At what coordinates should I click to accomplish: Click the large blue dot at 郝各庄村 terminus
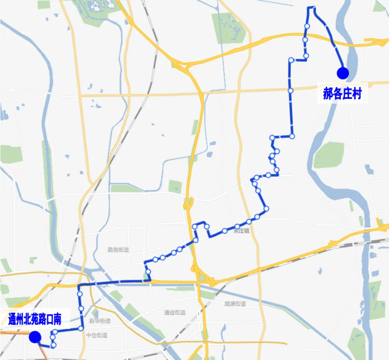pyautogui.click(x=342, y=73)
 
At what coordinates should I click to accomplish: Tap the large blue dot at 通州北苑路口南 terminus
pyautogui.click(x=35, y=337)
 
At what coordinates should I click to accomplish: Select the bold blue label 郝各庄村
pyautogui.click(x=342, y=94)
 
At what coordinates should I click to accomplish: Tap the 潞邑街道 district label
pyautogui.click(x=118, y=250)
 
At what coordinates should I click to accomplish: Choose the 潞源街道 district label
pyautogui.click(x=235, y=304)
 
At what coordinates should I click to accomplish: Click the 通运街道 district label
pyautogui.click(x=175, y=312)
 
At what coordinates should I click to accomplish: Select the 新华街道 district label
pyautogui.click(x=100, y=321)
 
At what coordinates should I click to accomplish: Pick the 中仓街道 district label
pyautogui.click(x=97, y=335)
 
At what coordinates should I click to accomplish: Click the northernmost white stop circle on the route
pyautogui.click(x=307, y=26)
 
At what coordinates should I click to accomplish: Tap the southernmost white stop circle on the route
pyautogui.click(x=53, y=345)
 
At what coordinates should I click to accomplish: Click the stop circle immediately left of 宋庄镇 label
pyautogui.click(x=224, y=231)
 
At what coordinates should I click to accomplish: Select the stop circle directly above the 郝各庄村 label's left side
pyautogui.click(x=291, y=91)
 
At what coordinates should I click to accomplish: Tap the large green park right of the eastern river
pyautogui.click(x=329, y=155)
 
